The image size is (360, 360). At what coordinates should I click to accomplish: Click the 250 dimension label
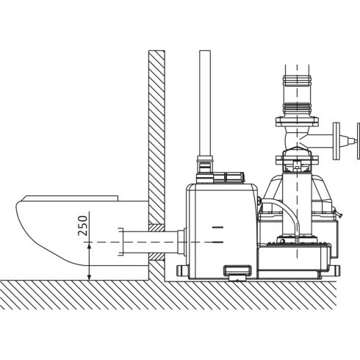pyautogui.click(x=83, y=226)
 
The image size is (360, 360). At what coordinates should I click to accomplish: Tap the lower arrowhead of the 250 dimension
pyautogui.click(x=90, y=277)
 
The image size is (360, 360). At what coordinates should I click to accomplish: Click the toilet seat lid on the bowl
pyautogui.click(x=72, y=198)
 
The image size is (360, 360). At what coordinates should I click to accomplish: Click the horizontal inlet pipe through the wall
pyautogui.click(x=150, y=242)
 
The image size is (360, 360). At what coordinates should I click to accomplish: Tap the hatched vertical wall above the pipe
pyautogui.click(x=156, y=137)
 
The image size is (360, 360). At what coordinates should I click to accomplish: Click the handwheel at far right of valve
pyautogui.click(x=359, y=141)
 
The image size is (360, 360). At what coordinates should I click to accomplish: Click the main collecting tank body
pyautogui.click(x=222, y=231)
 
